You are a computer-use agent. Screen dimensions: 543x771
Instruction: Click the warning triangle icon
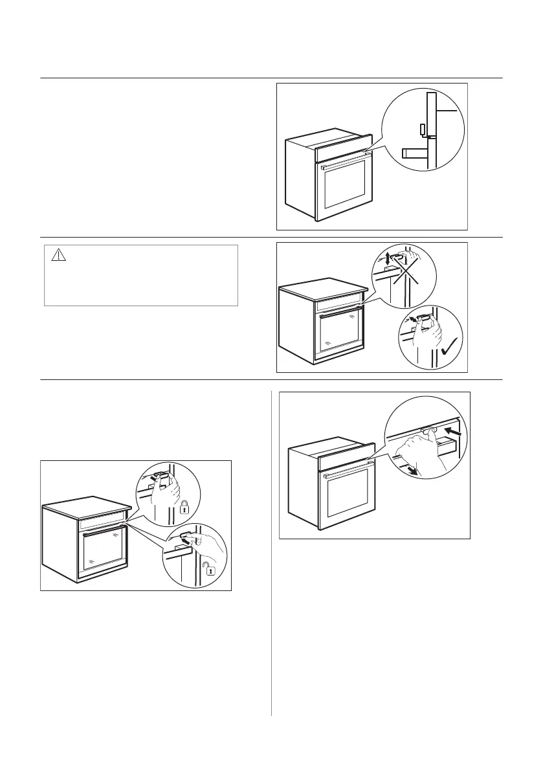[59, 255]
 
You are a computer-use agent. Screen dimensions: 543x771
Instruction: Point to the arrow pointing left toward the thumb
[454, 428]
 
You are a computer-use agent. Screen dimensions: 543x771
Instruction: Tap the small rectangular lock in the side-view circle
[423, 129]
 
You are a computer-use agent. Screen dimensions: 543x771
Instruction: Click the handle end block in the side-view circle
[412, 153]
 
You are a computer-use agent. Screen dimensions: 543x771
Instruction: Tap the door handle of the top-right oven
[344, 162]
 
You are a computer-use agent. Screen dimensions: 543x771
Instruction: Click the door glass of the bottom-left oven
[102, 550]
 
